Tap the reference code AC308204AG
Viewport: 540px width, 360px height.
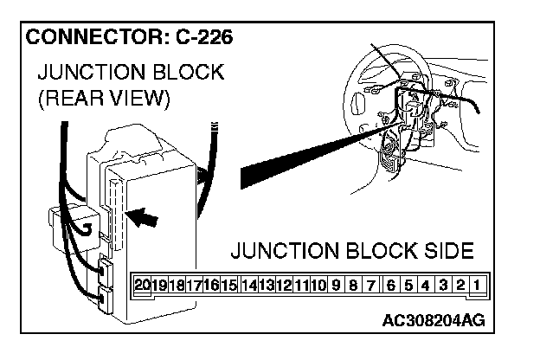[433, 321]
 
